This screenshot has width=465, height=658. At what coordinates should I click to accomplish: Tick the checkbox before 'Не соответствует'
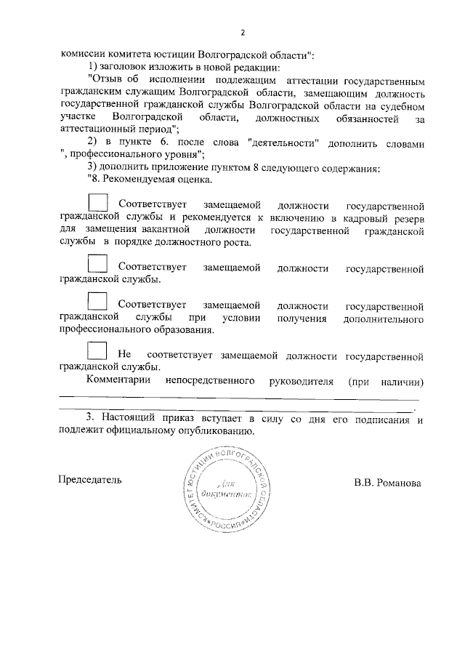97,350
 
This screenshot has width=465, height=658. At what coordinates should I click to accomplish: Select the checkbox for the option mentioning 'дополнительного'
97,300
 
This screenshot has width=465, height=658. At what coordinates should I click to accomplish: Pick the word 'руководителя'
301,380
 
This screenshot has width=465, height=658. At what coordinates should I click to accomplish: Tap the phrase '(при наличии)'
386,380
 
